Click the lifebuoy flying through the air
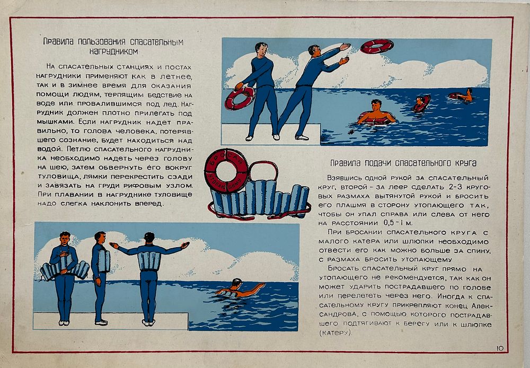(377, 46)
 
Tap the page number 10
(500, 348)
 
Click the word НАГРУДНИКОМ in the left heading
(113, 51)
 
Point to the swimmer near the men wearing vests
(240, 288)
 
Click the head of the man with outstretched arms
(149, 237)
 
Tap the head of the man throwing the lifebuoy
(314, 50)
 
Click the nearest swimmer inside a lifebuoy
(376, 112)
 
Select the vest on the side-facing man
(104, 261)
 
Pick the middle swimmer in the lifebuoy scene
(421, 103)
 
